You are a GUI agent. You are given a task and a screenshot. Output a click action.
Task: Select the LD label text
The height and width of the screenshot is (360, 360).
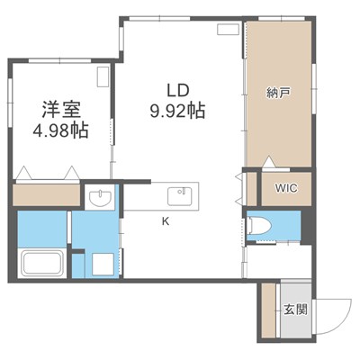pos(175,90)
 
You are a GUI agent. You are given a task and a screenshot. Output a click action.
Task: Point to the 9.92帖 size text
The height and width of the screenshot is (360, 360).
pos(175,112)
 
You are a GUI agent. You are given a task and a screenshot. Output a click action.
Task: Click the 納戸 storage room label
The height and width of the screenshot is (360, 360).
pos(277,91)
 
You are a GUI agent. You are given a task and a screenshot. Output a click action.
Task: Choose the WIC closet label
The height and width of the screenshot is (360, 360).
pos(284,189)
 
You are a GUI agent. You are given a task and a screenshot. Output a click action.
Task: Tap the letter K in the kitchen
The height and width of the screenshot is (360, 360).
pos(165,220)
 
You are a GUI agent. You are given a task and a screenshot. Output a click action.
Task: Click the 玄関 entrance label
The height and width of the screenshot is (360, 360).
pos(295,310)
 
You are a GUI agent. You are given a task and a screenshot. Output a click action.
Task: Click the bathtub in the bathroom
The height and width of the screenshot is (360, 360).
pos(40,264)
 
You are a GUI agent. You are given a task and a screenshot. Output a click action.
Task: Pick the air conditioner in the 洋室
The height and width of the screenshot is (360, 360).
pos(103,74)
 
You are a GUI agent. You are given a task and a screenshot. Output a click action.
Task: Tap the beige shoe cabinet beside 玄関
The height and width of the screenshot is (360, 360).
pos(268,310)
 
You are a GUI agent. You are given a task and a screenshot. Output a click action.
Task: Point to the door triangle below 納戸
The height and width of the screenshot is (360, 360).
pos(267,162)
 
